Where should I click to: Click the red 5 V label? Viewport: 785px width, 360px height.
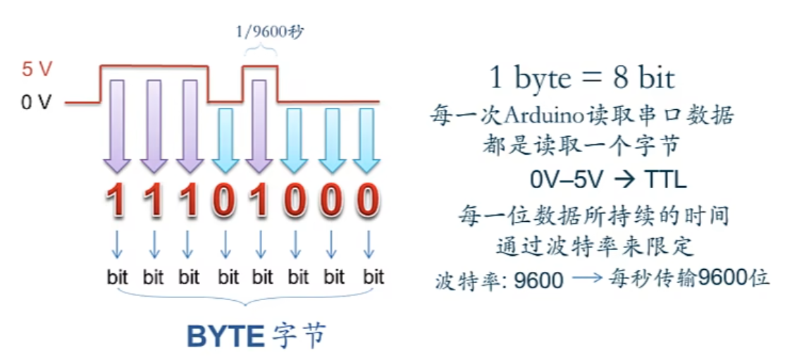coord(36,70)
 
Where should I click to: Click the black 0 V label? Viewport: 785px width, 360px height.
coord(36,103)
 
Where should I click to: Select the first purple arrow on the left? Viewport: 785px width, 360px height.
coord(117,127)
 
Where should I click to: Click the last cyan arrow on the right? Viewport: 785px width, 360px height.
coord(367,141)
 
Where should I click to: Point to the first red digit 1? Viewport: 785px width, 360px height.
coord(117,201)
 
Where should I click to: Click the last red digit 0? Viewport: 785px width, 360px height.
coord(367,201)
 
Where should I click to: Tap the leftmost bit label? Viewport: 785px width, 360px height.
coord(117,277)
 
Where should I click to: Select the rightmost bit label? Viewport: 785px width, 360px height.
coord(373,277)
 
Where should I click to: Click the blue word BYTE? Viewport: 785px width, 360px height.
coord(225,337)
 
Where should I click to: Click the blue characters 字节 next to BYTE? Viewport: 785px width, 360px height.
coord(299,337)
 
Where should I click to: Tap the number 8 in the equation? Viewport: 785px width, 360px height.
coord(621,77)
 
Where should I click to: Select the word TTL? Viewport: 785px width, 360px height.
coord(665,180)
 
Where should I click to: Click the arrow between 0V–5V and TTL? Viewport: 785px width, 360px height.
coord(623,180)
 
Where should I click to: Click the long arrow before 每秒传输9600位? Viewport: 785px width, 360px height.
coord(588,280)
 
